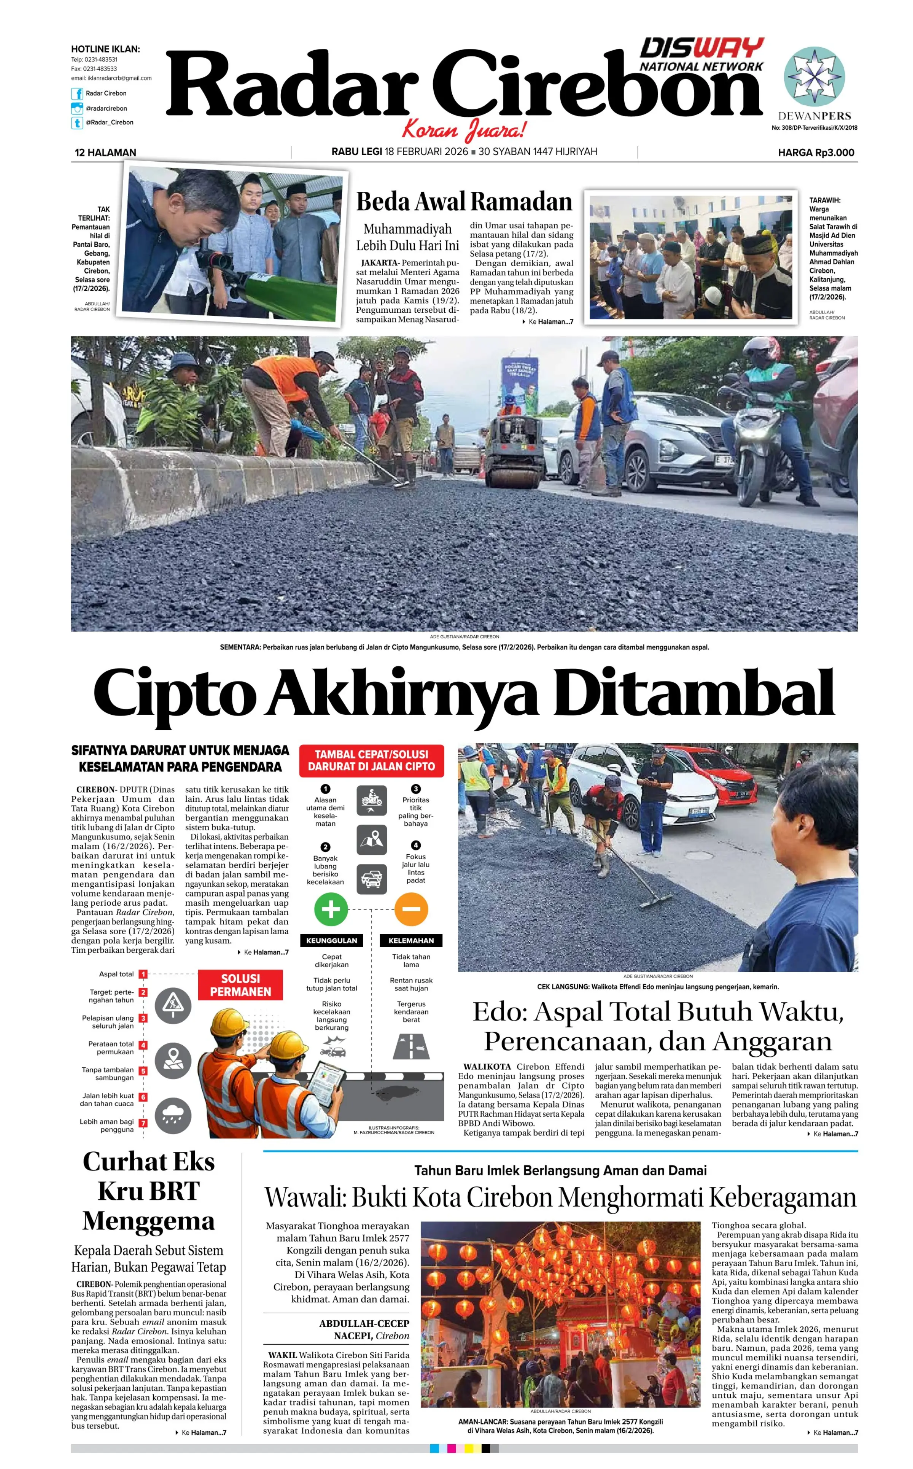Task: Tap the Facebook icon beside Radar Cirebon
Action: tap(77, 94)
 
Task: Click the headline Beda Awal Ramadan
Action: tap(464, 202)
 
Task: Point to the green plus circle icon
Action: tap(331, 909)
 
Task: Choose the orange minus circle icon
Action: tap(411, 909)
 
